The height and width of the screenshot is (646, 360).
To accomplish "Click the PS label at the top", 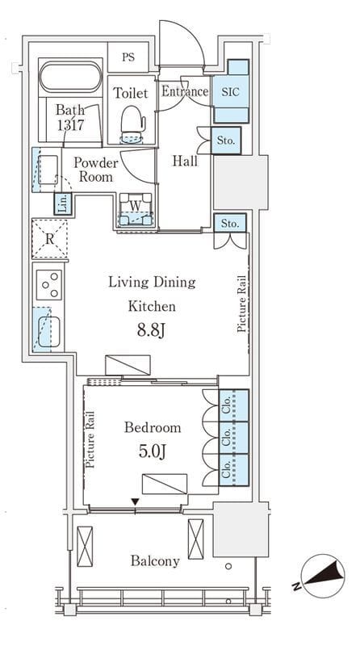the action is coord(128,57).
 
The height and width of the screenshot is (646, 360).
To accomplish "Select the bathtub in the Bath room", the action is coord(70,77).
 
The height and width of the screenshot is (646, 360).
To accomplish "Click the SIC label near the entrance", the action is coord(230,92).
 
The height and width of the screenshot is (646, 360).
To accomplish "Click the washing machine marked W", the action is coord(136,209).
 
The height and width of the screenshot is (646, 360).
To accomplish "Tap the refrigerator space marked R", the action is coord(49,239).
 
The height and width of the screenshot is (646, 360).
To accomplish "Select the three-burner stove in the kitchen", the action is coord(49,285).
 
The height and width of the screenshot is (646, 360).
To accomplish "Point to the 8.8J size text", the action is coord(151,330).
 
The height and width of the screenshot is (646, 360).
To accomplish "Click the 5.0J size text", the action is coord(152,451).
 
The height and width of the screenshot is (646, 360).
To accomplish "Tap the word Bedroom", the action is coord(153,428).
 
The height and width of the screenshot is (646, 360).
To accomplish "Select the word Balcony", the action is coord(155,561).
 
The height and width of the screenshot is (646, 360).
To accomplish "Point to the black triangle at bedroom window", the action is coord(135,501).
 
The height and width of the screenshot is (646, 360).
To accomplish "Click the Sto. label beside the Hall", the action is coord(226,141).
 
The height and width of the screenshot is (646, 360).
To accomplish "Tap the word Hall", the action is coord(185,161).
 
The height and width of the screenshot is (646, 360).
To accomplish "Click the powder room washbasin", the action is coord(48,170).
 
